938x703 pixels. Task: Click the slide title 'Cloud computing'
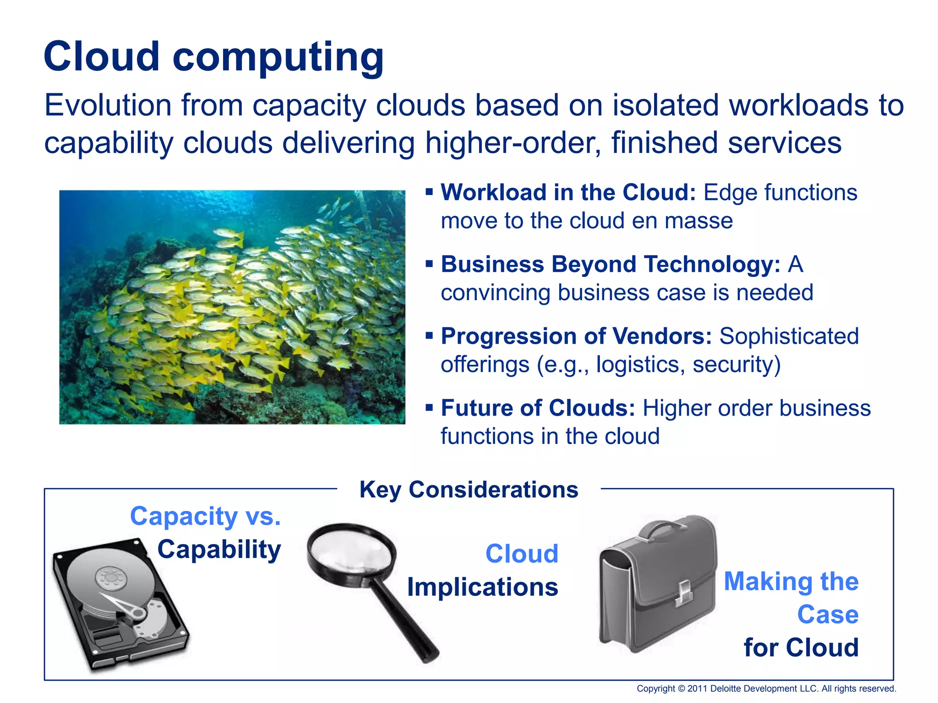(213, 57)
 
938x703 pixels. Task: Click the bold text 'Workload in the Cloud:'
(568, 192)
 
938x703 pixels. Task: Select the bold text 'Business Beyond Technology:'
(611, 264)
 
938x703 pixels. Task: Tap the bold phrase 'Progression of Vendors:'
(576, 336)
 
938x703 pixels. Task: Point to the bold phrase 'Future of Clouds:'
(538, 408)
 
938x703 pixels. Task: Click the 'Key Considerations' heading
(469, 490)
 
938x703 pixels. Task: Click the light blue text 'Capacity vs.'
(205, 516)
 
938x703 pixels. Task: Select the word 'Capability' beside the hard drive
(219, 549)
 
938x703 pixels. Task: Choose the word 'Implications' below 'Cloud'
(483, 587)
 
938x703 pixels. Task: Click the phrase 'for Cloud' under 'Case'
(801, 648)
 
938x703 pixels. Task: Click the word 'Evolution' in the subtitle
(108, 105)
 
